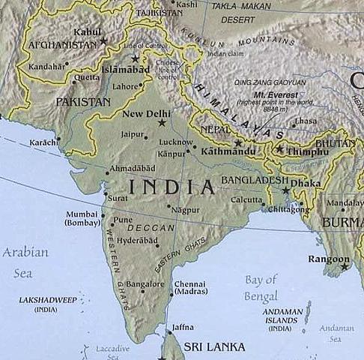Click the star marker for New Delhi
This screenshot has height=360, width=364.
[162, 122]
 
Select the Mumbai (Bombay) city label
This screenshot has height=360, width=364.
[82, 218]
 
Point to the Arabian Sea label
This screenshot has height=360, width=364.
[25, 262]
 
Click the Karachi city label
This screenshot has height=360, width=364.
[43, 141]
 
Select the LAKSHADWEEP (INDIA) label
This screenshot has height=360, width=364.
[46, 304]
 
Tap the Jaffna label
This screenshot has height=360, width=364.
[182, 328]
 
